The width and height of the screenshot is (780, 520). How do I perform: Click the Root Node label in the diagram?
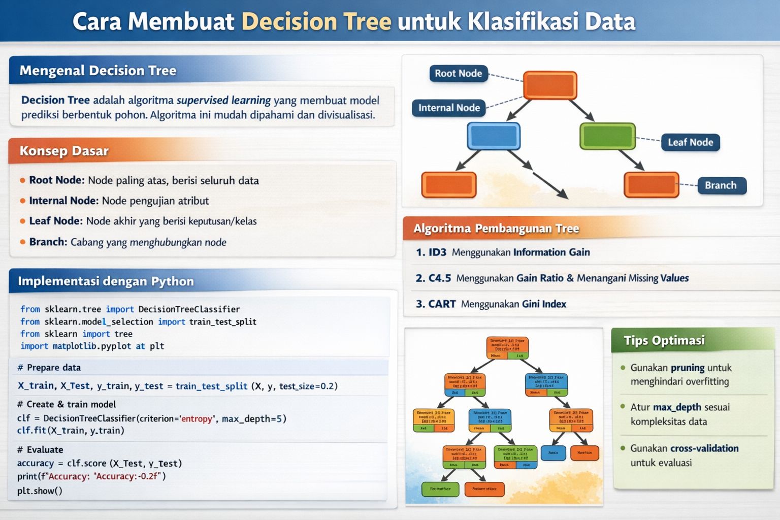pos(458,73)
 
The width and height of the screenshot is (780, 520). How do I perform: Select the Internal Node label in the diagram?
pos(449,108)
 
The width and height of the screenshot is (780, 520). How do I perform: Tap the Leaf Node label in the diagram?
pos(690,142)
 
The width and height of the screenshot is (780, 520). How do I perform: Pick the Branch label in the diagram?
pos(720,185)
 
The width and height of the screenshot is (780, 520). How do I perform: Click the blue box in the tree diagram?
pos(494,136)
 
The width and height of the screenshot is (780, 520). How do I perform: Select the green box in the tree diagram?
pos(607,136)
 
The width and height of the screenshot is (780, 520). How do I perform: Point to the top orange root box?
pos(550,85)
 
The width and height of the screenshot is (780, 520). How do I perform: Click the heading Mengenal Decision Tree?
pos(98,71)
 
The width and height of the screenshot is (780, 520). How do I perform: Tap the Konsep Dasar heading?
pos(64,151)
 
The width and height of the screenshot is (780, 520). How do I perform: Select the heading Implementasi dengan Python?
pos(106,281)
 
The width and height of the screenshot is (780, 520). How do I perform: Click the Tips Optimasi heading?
pos(664,340)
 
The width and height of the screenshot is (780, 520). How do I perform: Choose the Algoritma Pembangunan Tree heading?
pos(496,229)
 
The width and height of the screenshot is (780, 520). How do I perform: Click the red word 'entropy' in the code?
pos(196,419)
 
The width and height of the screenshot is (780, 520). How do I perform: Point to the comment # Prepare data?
pos(49,368)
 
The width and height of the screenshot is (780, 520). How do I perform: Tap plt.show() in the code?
pos(40,491)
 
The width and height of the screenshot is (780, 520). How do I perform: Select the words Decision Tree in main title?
pos(316,21)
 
